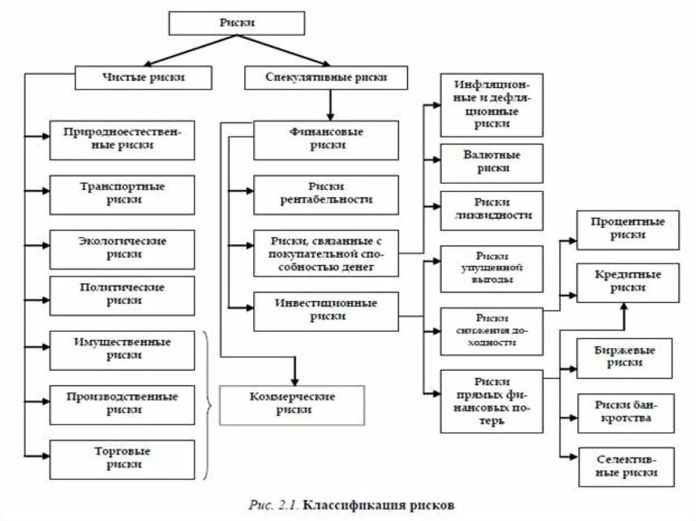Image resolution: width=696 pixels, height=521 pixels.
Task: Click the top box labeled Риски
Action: pyautogui.click(x=237, y=23)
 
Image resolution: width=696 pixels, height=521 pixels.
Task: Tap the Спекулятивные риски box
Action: pyautogui.click(x=326, y=77)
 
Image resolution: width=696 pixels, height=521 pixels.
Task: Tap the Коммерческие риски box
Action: pyautogui.click(x=292, y=404)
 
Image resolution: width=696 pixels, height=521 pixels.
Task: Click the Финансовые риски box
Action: pyautogui.click(x=326, y=140)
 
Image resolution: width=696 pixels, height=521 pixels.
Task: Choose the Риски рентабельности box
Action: pyautogui.click(x=326, y=194)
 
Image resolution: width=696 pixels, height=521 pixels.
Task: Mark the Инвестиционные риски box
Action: pyautogui.click(x=326, y=310)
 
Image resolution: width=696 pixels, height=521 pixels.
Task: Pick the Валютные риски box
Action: pyautogui.click(x=492, y=163)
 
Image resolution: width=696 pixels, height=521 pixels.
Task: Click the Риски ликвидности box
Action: pyautogui.click(x=492, y=211)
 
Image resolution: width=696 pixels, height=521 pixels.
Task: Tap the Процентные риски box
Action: pyautogui.click(x=627, y=230)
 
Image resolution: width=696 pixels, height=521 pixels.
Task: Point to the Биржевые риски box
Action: pyautogui.click(x=627, y=357)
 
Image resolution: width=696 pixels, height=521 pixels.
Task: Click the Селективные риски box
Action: pyautogui.click(x=627, y=466)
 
